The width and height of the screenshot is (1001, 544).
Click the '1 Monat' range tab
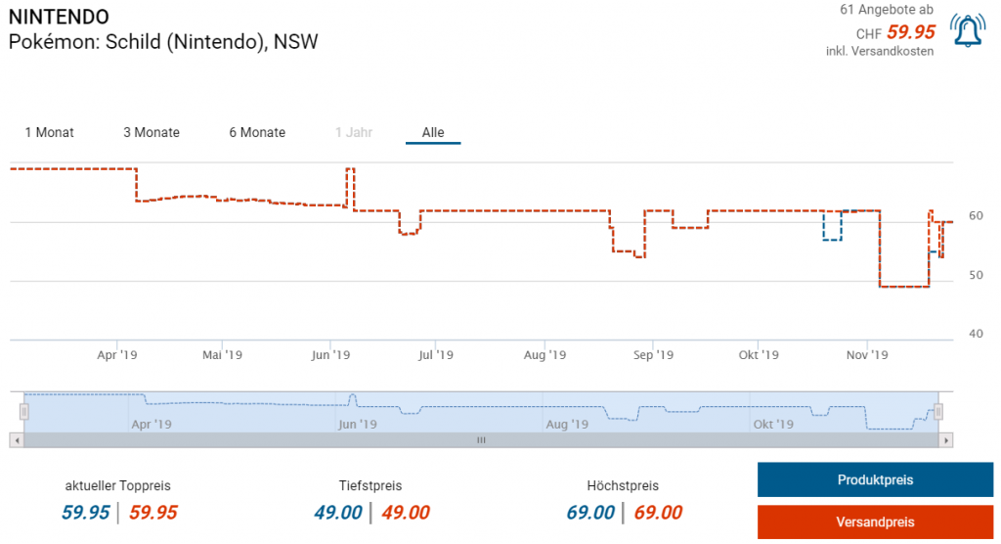[x=49, y=132]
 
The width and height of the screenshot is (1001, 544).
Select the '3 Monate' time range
[x=152, y=132]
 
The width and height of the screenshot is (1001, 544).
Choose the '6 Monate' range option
[x=257, y=132]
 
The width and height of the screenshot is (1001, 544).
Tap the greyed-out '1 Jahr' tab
[x=353, y=132]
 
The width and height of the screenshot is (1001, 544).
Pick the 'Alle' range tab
[x=433, y=132]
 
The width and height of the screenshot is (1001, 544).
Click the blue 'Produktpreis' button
[x=875, y=479]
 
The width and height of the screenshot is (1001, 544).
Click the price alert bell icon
[x=968, y=32]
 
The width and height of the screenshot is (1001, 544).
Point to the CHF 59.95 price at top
[x=910, y=32]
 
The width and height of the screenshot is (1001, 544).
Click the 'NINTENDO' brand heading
[x=59, y=18]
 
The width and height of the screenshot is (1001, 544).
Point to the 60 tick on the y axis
[x=976, y=215]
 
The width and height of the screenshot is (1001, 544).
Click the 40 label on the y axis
[x=976, y=334]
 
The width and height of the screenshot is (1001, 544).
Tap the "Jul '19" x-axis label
[x=436, y=355]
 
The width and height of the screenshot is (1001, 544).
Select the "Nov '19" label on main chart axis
[x=866, y=355]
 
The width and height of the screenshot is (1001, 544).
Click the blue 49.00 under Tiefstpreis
[x=338, y=513]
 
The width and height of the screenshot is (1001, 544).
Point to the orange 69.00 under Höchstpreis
[x=658, y=513]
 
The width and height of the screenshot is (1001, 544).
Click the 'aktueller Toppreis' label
[x=118, y=485]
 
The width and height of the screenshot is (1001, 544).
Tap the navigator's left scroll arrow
[x=17, y=440]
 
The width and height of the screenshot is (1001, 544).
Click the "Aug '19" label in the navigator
[x=567, y=425]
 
